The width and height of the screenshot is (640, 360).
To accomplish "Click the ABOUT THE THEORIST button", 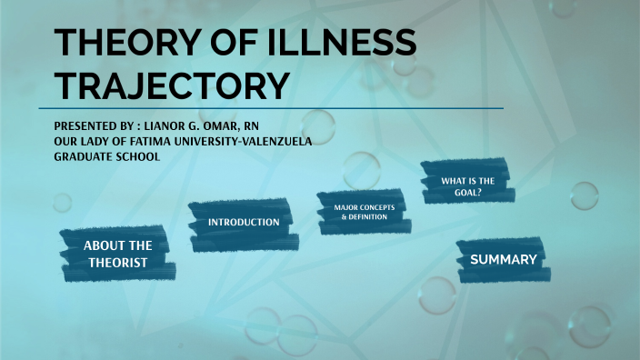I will tap(117, 254).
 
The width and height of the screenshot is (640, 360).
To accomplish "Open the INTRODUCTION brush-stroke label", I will tap(244, 223).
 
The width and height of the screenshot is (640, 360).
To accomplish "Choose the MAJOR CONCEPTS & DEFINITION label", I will tap(358, 212).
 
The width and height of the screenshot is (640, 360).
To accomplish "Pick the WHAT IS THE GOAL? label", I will tap(467, 185).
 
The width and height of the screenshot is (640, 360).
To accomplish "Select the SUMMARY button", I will tap(503, 260).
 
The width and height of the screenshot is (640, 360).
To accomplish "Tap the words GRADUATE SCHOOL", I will tap(106, 155).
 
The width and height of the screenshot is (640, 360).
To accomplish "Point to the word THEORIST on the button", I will tap(116, 263).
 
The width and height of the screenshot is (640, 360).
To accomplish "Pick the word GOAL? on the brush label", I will tap(467, 192).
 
